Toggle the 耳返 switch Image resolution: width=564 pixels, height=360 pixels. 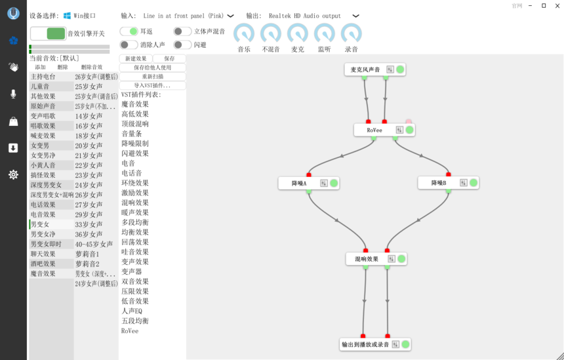click(x=129, y=31)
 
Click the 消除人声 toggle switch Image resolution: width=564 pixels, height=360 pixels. click(x=129, y=45)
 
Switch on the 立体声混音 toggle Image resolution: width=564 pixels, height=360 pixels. click(x=182, y=31)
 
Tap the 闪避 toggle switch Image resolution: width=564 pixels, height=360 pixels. click(x=182, y=45)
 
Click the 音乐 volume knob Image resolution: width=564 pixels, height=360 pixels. click(x=244, y=33)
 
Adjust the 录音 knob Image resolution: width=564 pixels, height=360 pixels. click(x=352, y=33)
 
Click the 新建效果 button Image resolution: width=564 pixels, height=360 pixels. click(x=136, y=58)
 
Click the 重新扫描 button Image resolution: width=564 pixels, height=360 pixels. click(x=152, y=76)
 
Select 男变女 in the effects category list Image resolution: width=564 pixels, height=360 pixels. click(x=40, y=224)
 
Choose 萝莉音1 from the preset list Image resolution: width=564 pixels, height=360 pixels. click(x=87, y=254)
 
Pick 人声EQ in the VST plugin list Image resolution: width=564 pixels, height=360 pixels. click(x=132, y=311)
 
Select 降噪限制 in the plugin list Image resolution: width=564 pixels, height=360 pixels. click(x=135, y=144)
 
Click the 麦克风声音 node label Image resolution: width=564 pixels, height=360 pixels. click(x=365, y=70)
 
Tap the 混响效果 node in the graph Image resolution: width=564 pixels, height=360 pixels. click(x=367, y=259)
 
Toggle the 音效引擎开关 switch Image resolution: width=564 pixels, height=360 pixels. click(x=48, y=33)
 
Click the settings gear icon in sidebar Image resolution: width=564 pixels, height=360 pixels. click(x=13, y=174)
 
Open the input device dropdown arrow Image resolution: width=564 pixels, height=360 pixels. click(x=230, y=16)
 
